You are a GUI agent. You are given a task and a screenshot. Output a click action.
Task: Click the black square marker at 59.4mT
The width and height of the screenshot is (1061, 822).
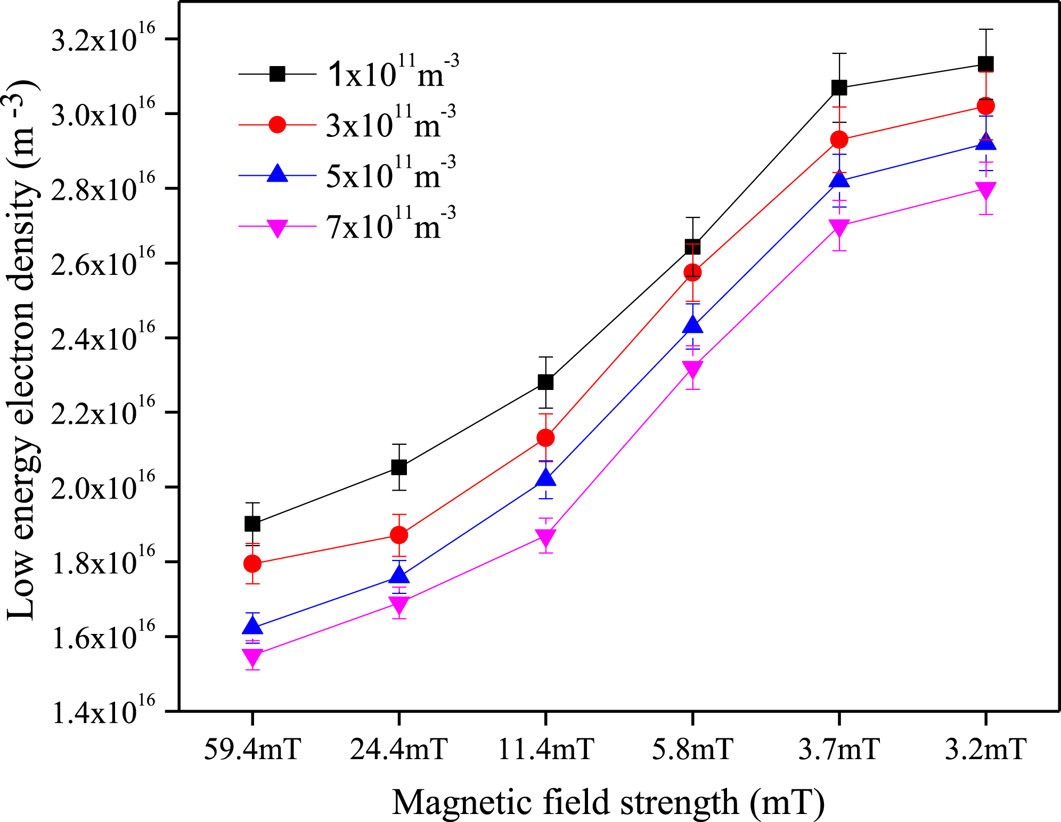252,524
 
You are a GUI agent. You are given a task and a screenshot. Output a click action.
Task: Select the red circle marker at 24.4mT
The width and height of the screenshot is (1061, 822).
399,535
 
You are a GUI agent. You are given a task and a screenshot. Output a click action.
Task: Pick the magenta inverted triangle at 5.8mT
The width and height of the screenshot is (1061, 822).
692,369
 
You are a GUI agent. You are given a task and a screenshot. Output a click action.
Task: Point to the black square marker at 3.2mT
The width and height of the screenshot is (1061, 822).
986,64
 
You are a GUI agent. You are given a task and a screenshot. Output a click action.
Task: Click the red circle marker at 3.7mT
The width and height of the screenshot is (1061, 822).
839,140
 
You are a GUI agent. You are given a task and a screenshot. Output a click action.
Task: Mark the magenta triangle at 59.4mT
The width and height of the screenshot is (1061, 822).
252,656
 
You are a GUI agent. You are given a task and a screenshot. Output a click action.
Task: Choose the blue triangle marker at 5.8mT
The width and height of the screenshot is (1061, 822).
692,325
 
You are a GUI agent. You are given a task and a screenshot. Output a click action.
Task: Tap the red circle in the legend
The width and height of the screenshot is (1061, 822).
278,125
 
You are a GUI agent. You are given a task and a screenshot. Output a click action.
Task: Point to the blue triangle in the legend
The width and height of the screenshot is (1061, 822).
278,174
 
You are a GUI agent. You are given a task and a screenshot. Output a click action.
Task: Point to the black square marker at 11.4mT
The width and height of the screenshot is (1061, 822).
545,382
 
